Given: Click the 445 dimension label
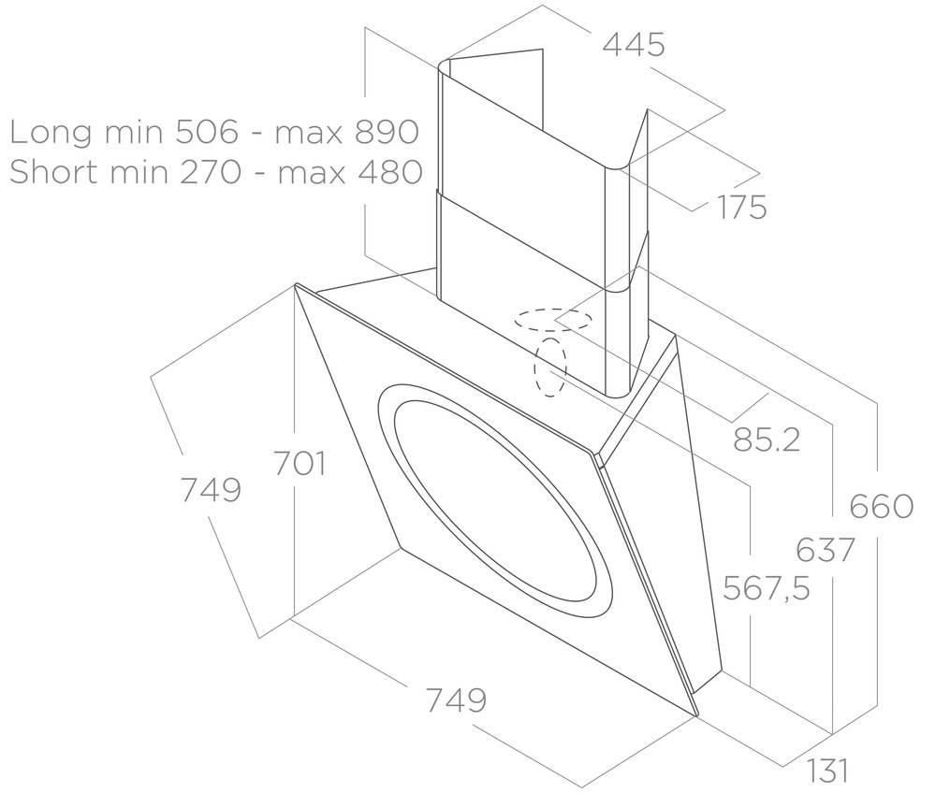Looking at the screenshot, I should [x=634, y=44].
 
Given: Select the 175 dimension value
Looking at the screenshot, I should [x=741, y=207].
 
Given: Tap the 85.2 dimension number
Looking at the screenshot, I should [x=767, y=439].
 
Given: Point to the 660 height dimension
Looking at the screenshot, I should [x=881, y=506].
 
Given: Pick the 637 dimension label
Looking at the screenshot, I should [x=824, y=550].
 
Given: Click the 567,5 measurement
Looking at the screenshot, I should [x=767, y=588].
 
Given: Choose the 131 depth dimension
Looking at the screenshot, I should [x=827, y=771].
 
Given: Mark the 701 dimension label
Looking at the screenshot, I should [x=300, y=463].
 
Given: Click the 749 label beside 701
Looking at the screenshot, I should [x=211, y=489].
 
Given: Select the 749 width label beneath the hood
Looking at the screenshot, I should [x=456, y=699].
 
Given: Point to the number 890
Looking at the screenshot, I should [x=386, y=133].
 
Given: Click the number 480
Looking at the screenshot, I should [x=390, y=173].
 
